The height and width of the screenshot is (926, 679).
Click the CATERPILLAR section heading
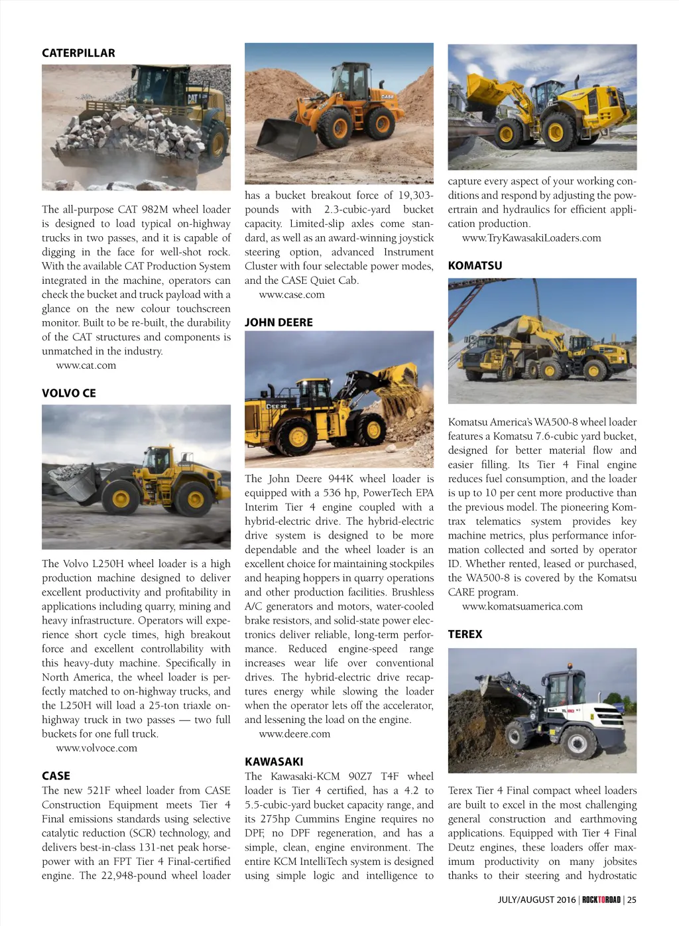tap(78, 53)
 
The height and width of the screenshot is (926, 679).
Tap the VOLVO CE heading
tap(69, 393)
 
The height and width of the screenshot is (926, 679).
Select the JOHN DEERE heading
tap(278, 322)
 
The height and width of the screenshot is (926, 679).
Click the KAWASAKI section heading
tap(274, 761)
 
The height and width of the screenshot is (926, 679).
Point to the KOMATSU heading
tap(475, 265)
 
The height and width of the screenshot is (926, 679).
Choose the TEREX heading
tap(465, 634)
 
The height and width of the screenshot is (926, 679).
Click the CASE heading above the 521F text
tap(56, 776)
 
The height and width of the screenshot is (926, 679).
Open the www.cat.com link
tap(86, 365)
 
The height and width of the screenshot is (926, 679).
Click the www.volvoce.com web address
tap(96, 748)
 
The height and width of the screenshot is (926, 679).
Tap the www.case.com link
tap(291, 295)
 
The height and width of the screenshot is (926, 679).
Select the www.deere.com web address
tap(294, 734)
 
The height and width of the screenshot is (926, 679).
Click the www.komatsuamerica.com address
tap(522, 606)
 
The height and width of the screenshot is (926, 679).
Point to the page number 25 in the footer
tap(632, 899)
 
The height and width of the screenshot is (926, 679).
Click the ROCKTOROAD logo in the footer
tap(601, 899)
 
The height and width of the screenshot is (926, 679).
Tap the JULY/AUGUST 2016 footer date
tap(537, 899)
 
